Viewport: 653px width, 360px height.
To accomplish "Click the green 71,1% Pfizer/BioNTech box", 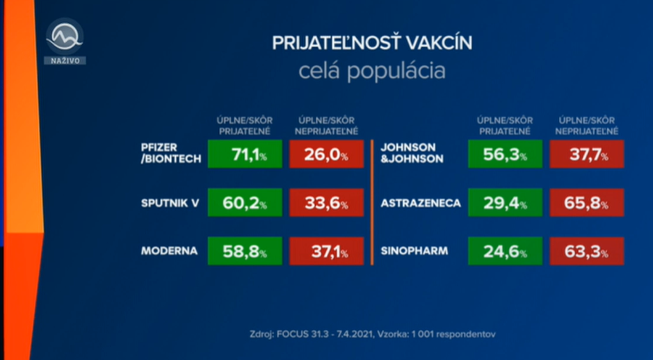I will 245,154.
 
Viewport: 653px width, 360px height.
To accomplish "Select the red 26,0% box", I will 326,154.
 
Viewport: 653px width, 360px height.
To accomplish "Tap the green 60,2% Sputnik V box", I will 245,202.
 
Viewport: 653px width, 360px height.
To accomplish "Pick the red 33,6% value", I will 326,202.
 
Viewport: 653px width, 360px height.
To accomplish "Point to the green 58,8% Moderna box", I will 245,251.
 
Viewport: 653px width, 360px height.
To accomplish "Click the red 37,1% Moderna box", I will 326,251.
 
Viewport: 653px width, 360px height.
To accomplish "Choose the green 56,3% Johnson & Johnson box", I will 505,154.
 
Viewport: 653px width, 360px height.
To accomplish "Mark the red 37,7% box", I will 586,154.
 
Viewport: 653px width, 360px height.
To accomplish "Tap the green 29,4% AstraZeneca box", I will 505,202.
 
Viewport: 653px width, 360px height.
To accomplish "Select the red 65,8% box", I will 586,202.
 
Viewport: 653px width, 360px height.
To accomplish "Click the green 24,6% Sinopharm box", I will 505,251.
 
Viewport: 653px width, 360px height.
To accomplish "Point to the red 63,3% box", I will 586,251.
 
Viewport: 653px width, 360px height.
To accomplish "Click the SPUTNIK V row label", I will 170,203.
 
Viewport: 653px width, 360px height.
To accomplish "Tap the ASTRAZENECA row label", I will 421,203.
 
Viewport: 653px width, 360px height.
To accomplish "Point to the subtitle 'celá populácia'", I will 371,72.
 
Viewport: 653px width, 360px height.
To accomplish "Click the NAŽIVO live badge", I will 65,60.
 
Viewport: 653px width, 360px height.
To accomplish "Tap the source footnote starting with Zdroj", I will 372,334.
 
